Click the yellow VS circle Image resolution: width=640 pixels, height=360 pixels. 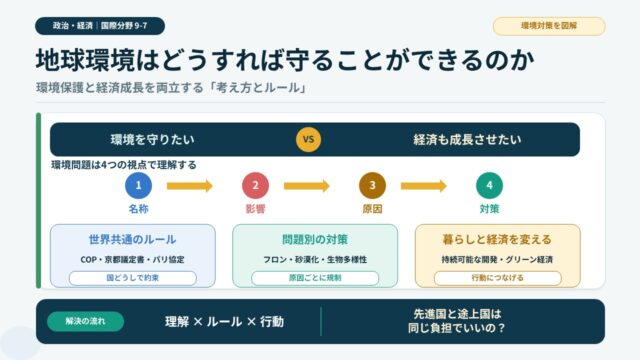tap(308, 139)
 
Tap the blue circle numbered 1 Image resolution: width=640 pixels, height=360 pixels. tap(138, 185)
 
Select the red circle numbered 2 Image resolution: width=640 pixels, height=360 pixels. tap(256, 185)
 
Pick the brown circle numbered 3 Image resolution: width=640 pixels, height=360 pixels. tap(372, 185)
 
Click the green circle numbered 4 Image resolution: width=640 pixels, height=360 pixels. tap(489, 185)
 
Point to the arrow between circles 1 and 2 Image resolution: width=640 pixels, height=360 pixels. tap(190, 186)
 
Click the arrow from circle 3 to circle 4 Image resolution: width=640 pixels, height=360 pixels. tap(424, 186)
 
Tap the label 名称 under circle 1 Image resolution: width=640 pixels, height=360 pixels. tap(138, 209)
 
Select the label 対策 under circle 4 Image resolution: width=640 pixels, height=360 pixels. tap(489, 209)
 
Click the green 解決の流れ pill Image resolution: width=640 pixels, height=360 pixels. tap(86, 321)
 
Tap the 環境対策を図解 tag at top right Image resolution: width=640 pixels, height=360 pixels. tap(549, 26)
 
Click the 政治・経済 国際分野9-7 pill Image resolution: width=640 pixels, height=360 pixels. tap(100, 26)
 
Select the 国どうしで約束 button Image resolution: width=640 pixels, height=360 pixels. tap(133, 278)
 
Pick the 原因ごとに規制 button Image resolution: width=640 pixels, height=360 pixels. tap(315, 278)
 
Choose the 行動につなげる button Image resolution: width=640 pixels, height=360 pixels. tap(498, 278)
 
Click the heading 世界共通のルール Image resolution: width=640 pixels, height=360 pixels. tap(133, 240)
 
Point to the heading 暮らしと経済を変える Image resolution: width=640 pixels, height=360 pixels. tap(498, 240)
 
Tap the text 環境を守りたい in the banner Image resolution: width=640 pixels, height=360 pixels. tap(153, 140)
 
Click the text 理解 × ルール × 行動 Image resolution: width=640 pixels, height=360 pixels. tap(224, 322)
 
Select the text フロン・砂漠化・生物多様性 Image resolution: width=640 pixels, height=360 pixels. tap(315, 260)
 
